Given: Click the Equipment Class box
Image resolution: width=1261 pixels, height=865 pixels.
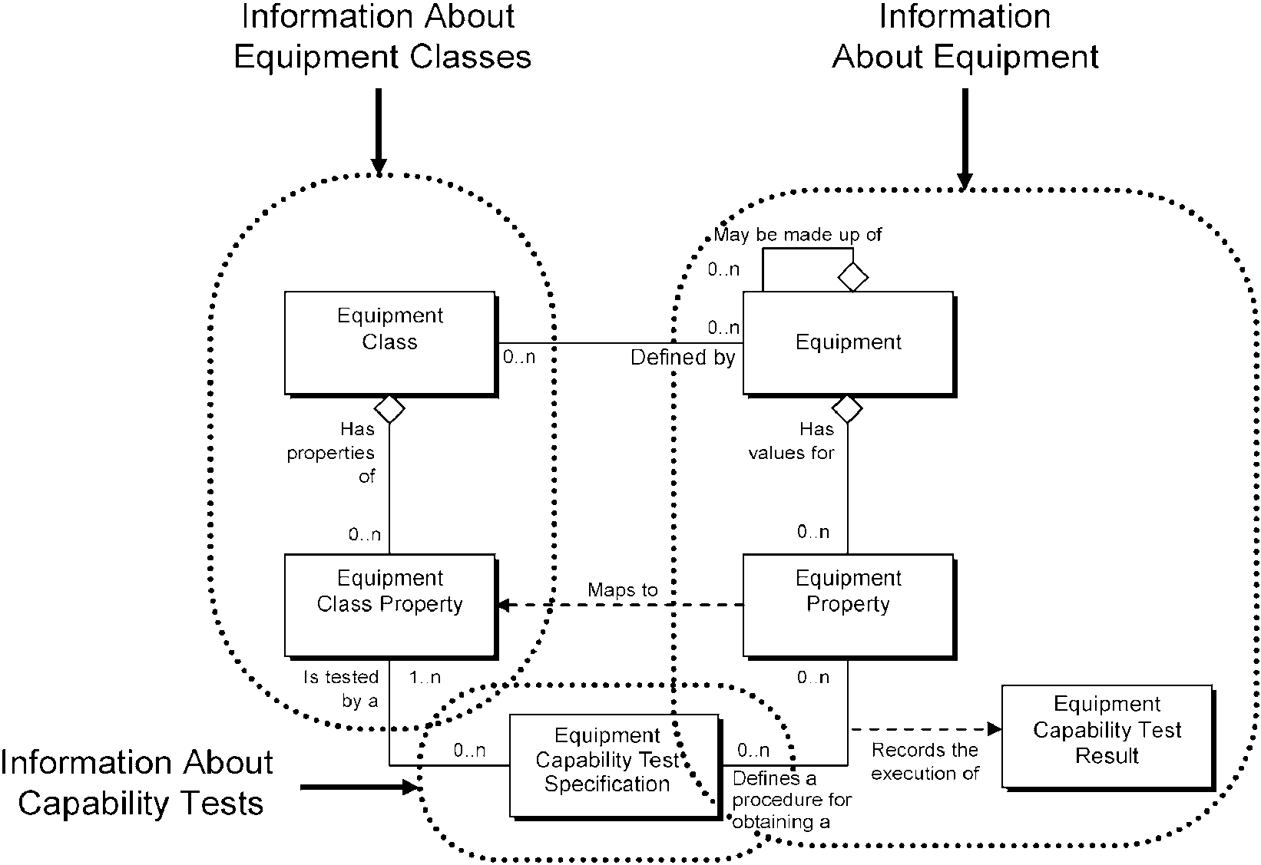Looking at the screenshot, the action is click(x=391, y=344).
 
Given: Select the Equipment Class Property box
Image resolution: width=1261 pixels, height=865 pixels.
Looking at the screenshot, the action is click(x=391, y=606).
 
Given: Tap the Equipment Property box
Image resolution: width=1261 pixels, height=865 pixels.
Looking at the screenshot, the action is click(x=849, y=606).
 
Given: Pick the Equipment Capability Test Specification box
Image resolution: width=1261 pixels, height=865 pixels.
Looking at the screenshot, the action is click(x=615, y=767).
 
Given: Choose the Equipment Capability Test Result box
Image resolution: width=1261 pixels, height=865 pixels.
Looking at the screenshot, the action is click(x=1108, y=738).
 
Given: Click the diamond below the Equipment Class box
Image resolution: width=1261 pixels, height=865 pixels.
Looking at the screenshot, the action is click(x=389, y=409).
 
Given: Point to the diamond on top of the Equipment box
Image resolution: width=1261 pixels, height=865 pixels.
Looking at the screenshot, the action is click(x=853, y=277).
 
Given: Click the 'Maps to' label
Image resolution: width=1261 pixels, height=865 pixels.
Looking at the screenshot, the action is click(x=623, y=589).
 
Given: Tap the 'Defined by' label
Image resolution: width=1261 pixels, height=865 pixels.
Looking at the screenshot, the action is click(x=683, y=358).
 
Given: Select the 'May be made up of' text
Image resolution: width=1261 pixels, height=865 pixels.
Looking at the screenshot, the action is click(x=798, y=234).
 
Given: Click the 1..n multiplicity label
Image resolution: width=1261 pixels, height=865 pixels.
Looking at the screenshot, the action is click(x=425, y=677).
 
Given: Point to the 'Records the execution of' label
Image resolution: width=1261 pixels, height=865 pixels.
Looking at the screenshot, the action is click(x=925, y=761).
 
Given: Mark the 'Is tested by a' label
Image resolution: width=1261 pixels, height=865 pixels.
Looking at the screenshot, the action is click(x=341, y=688).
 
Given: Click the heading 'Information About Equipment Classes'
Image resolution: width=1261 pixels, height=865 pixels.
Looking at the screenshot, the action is click(x=382, y=36).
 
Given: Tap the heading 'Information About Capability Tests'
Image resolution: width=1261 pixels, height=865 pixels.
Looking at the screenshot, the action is click(x=137, y=782).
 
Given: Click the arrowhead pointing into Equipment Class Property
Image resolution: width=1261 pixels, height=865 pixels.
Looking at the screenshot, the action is click(x=505, y=605).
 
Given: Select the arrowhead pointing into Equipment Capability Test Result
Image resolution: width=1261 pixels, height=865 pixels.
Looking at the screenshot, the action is click(x=995, y=729).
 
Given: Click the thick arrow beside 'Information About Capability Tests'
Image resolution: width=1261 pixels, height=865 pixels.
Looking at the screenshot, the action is click(x=359, y=787).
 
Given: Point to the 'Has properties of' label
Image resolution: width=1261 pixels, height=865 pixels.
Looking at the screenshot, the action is click(x=331, y=453).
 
